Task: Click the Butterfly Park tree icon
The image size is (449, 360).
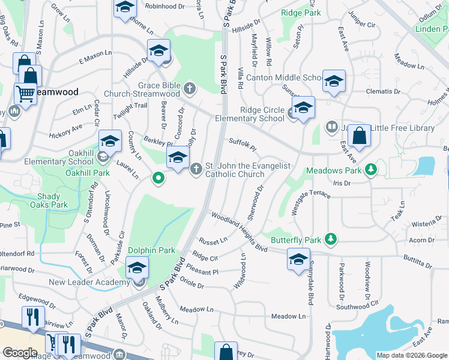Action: [x=330, y=239]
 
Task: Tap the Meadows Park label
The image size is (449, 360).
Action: [x=334, y=171]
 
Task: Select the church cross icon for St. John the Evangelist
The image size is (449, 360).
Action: [x=196, y=170]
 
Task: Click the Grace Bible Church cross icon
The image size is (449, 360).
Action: [x=190, y=89]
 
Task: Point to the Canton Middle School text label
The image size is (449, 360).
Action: [x=289, y=77]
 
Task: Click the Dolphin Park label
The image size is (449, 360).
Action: [x=151, y=250]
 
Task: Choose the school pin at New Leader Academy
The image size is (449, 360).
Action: [x=137, y=268]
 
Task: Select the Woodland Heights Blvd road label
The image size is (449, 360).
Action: [x=238, y=230]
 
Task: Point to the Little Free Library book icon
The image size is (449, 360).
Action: [x=331, y=127]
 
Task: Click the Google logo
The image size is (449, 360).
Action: [x=20, y=353]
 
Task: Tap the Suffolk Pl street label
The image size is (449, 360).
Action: [x=243, y=145]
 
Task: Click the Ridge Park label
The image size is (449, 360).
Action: [x=301, y=12]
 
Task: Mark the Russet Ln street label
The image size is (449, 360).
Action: [x=214, y=241]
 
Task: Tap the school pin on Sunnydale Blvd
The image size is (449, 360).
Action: [x=298, y=259]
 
